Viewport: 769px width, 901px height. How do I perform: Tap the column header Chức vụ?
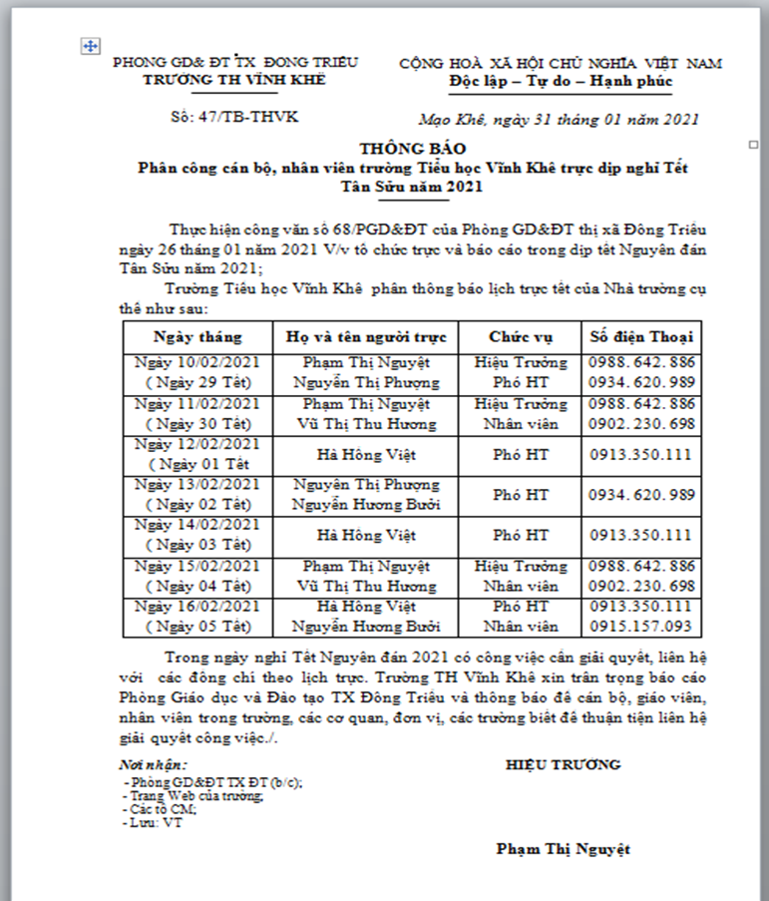click(x=520, y=335)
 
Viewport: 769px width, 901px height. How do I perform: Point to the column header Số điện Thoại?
click(x=641, y=335)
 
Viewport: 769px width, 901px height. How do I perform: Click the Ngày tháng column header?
click(x=197, y=335)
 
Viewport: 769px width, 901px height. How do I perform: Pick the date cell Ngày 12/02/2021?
click(x=197, y=444)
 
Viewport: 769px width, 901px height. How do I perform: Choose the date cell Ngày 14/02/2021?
click(x=197, y=525)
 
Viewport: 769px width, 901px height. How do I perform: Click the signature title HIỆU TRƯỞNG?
click(x=563, y=764)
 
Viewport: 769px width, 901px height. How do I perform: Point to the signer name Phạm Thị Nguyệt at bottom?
click(x=563, y=849)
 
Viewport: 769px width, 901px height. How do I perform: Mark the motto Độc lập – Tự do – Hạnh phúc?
click(x=561, y=80)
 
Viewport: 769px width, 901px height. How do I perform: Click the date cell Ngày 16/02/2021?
click(x=197, y=607)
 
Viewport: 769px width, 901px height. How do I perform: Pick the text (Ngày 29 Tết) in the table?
click(x=197, y=382)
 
